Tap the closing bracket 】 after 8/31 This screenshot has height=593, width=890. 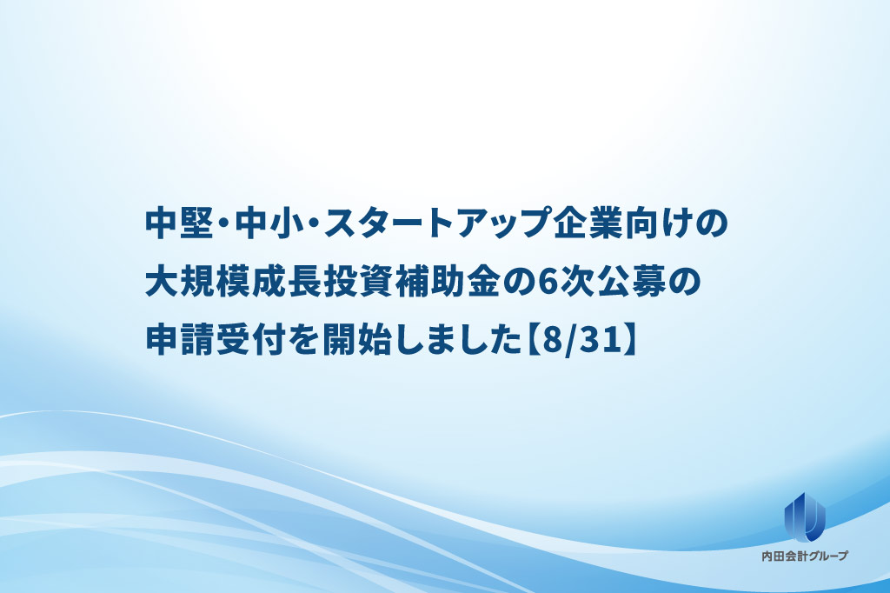[628, 341]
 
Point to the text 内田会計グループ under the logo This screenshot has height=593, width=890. [805, 556]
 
